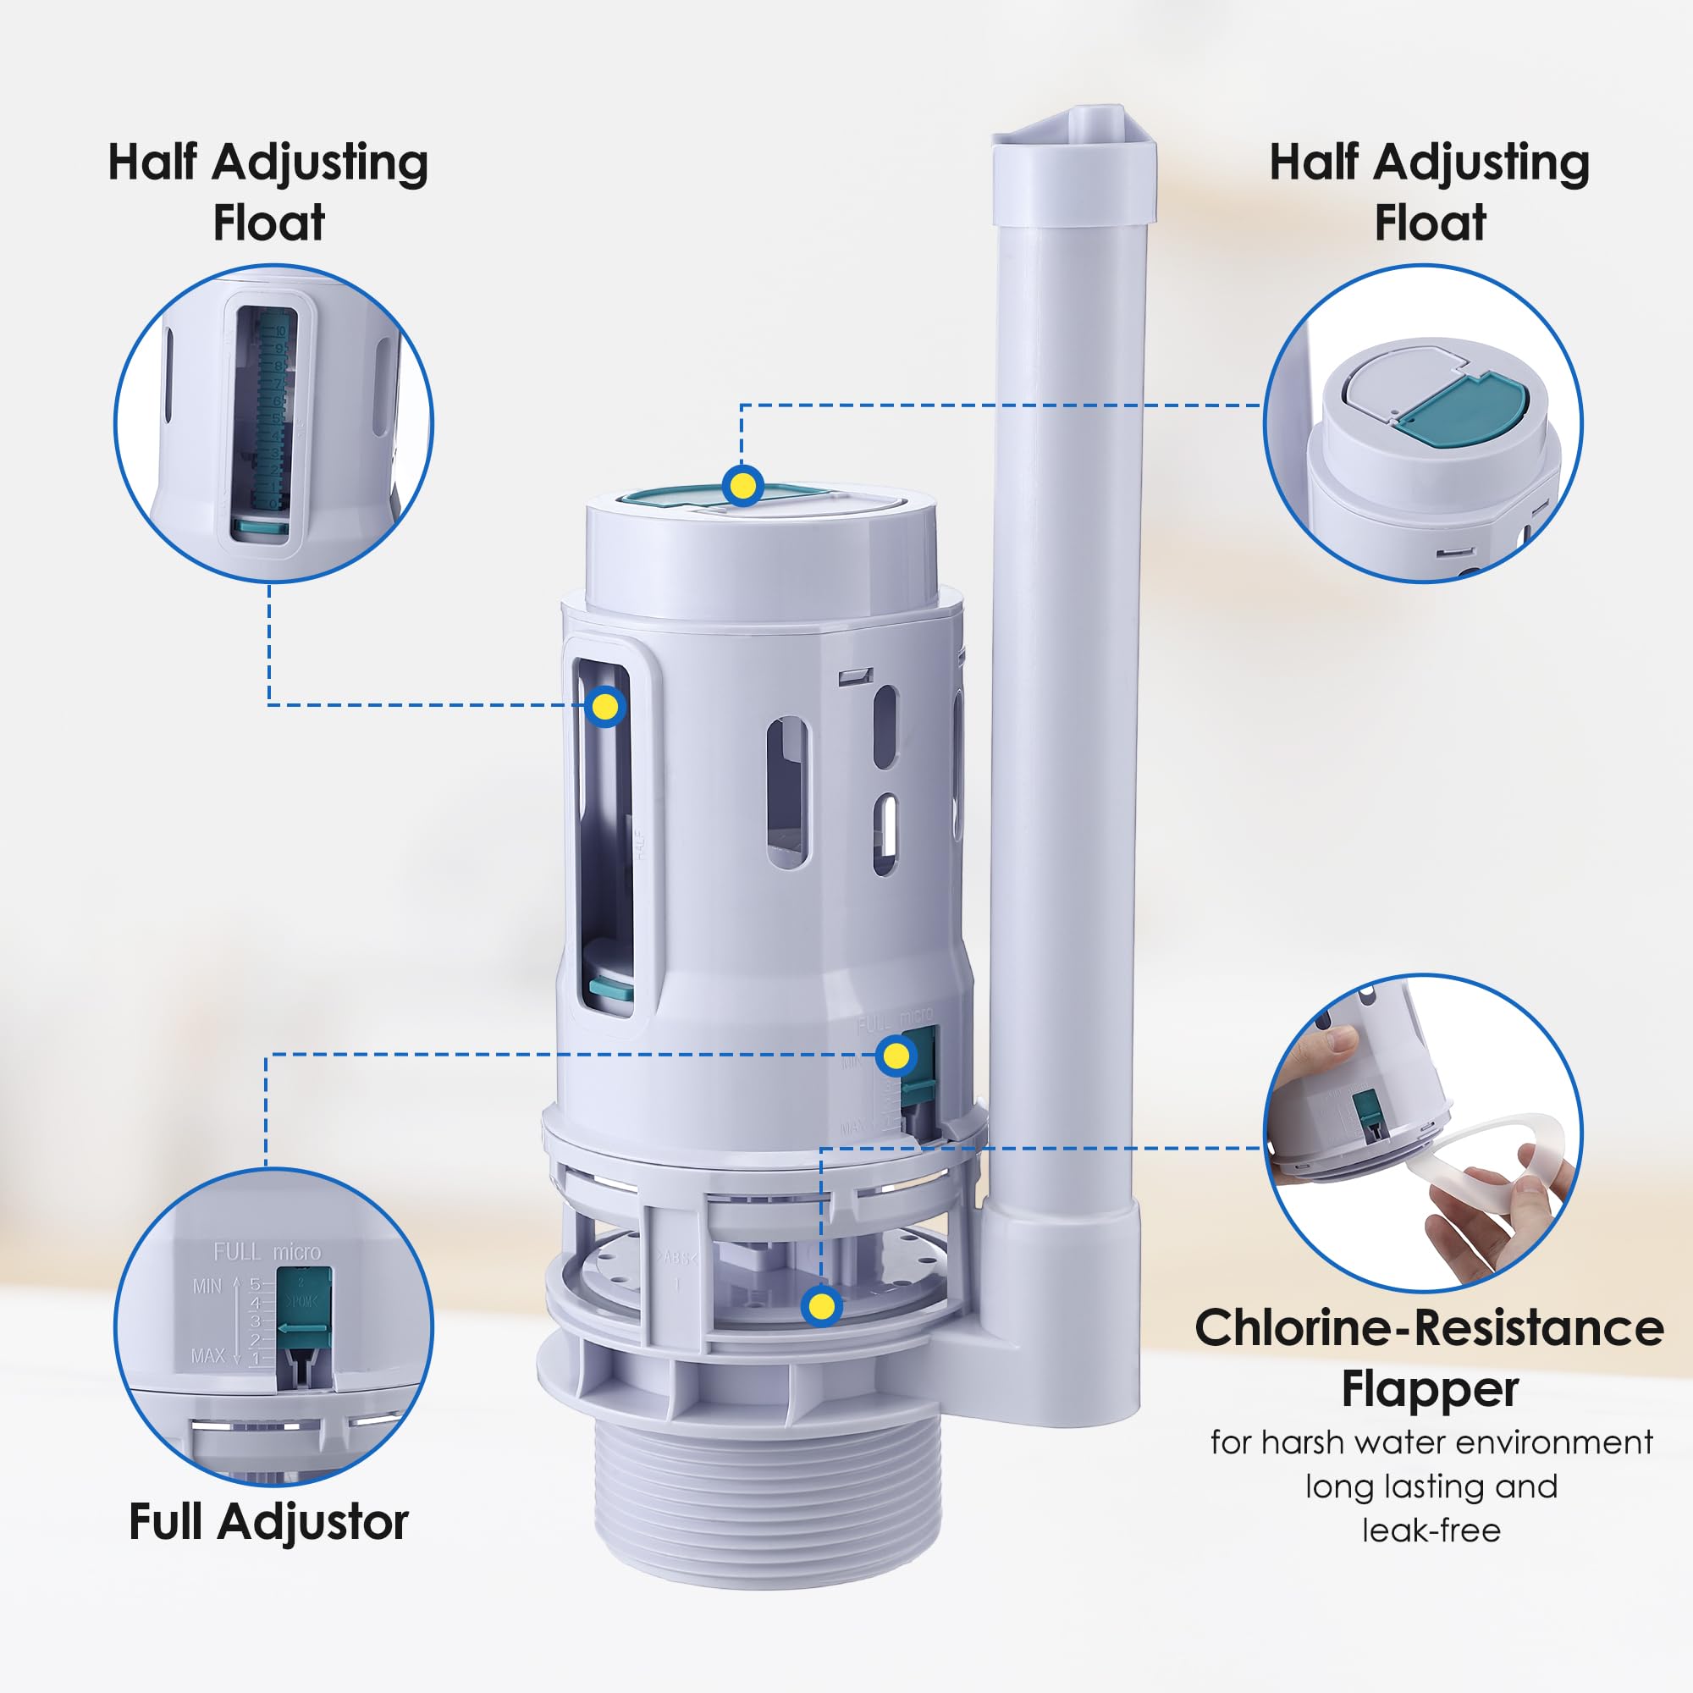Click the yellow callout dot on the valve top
[x=742, y=484]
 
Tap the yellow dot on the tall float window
[x=605, y=706]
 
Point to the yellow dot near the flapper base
[x=821, y=1306]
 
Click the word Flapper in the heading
[x=1429, y=1388]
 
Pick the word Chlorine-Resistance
[x=1429, y=1327]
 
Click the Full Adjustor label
[x=268, y=1521]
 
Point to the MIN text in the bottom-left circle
[x=207, y=1286]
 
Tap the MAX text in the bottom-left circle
[x=207, y=1355]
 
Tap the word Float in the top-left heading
[x=269, y=222]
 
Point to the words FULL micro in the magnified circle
[x=267, y=1251]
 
